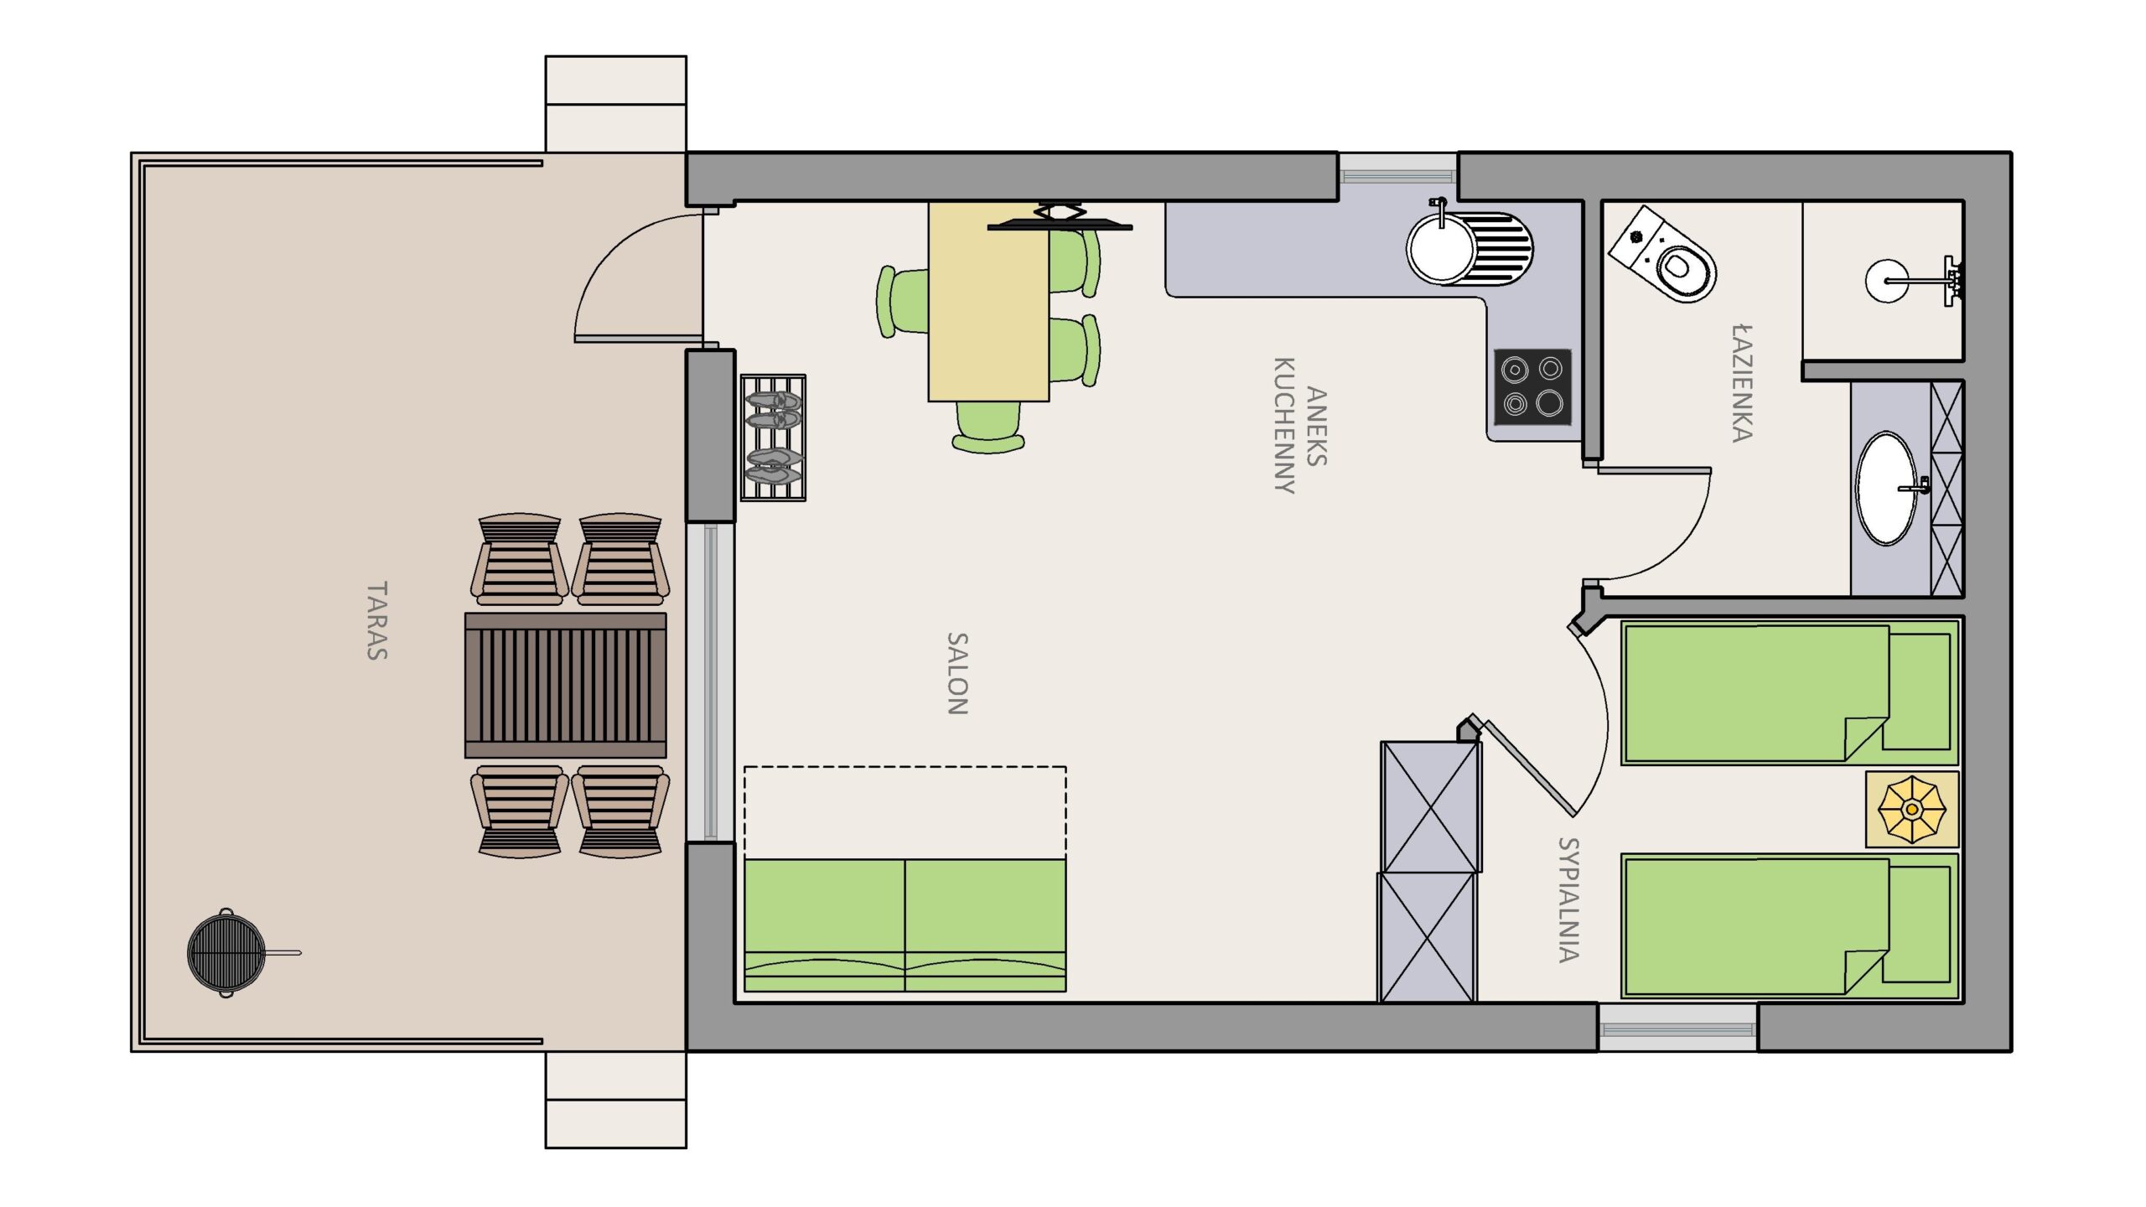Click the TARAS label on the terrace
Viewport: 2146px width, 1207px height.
coord(377,621)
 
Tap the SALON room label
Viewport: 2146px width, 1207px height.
coord(957,674)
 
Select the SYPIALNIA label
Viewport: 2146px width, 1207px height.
coord(1568,899)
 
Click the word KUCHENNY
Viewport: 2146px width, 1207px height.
coord(1284,426)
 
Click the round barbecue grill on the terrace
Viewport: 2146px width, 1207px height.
coord(226,952)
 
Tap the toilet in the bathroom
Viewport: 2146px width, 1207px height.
coord(1662,254)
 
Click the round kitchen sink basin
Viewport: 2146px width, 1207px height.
coord(1441,248)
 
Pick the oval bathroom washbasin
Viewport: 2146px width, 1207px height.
coord(1887,488)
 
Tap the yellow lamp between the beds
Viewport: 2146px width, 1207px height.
coord(1911,809)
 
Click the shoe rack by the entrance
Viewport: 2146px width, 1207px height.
coord(773,438)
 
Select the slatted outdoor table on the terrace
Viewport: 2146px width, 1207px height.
coord(566,685)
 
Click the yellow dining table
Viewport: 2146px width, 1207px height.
coord(988,302)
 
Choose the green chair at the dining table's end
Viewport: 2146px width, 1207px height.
coord(989,428)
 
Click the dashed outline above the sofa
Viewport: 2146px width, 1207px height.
coord(905,812)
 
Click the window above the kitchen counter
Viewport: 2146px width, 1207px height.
coord(1397,176)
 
